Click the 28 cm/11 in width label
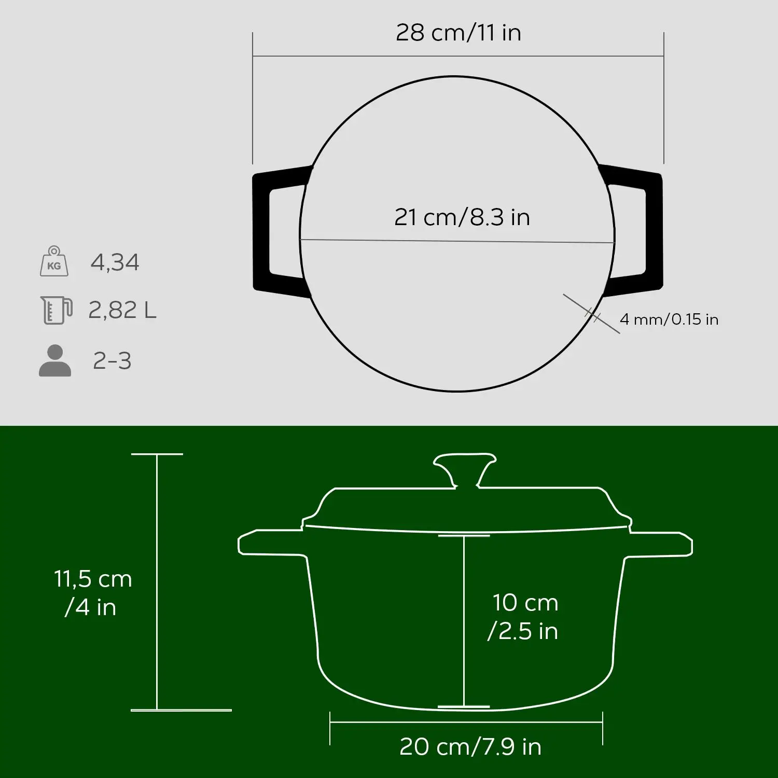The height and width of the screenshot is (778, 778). click(x=458, y=33)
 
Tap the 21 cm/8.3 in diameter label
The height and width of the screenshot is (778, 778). click(x=462, y=217)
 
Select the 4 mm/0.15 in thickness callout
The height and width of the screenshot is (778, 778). click(x=669, y=319)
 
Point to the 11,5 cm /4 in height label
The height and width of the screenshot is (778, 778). click(x=93, y=592)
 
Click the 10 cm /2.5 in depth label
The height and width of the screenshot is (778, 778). click(x=524, y=617)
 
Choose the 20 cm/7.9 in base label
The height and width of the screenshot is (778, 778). click(x=470, y=746)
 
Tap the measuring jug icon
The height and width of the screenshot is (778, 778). click(x=56, y=310)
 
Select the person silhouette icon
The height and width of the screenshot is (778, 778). click(x=55, y=360)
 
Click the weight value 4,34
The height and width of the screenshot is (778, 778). click(x=115, y=262)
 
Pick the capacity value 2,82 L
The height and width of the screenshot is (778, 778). click(x=122, y=310)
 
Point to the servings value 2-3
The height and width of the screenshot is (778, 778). click(x=112, y=361)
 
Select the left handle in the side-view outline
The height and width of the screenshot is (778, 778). click(x=270, y=544)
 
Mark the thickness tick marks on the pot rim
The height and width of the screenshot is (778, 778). click(x=592, y=314)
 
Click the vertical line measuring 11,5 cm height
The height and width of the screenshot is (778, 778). click(x=157, y=581)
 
